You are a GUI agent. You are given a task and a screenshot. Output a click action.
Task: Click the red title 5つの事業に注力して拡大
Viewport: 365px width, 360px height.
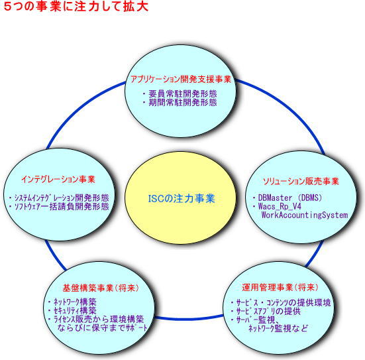(76, 7)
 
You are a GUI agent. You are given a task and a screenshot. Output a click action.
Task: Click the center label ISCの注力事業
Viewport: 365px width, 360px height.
(182, 198)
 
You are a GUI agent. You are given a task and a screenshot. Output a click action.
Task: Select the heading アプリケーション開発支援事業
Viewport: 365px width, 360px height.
(181, 79)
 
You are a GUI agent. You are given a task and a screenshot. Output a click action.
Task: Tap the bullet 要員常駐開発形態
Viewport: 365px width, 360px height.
(183, 94)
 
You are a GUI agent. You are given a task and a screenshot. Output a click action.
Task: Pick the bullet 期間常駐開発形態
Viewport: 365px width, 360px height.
(183, 103)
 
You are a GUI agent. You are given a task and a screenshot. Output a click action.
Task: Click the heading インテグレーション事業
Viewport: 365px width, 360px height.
(58, 180)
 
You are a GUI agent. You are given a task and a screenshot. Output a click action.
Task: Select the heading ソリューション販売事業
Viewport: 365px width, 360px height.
(301, 181)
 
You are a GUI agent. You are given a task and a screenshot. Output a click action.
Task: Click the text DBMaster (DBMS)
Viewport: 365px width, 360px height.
(290, 198)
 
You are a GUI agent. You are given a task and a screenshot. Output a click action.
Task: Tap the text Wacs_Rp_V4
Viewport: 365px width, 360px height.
(280, 206)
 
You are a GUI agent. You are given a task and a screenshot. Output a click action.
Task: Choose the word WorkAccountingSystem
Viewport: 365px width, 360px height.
(305, 215)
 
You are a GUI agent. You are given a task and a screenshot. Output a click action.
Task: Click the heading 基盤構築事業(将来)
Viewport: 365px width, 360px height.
(100, 288)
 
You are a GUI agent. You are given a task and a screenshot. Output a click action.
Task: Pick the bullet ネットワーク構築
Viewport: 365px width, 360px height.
(75, 302)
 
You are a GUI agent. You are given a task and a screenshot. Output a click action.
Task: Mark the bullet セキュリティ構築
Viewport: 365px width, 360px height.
(75, 310)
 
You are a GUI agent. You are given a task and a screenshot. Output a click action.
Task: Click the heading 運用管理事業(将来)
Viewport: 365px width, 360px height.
(280, 288)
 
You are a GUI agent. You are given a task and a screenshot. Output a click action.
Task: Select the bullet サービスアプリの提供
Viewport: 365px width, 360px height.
(268, 312)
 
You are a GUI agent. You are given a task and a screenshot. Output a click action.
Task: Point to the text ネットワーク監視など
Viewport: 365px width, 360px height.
(278, 329)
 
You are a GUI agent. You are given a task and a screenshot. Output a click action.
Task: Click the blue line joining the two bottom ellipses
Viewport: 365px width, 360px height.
(189, 318)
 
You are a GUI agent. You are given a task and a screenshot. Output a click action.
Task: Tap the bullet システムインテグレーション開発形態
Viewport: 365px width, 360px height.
(62, 198)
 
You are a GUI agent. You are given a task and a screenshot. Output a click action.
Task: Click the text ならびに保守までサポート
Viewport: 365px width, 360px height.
(103, 328)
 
